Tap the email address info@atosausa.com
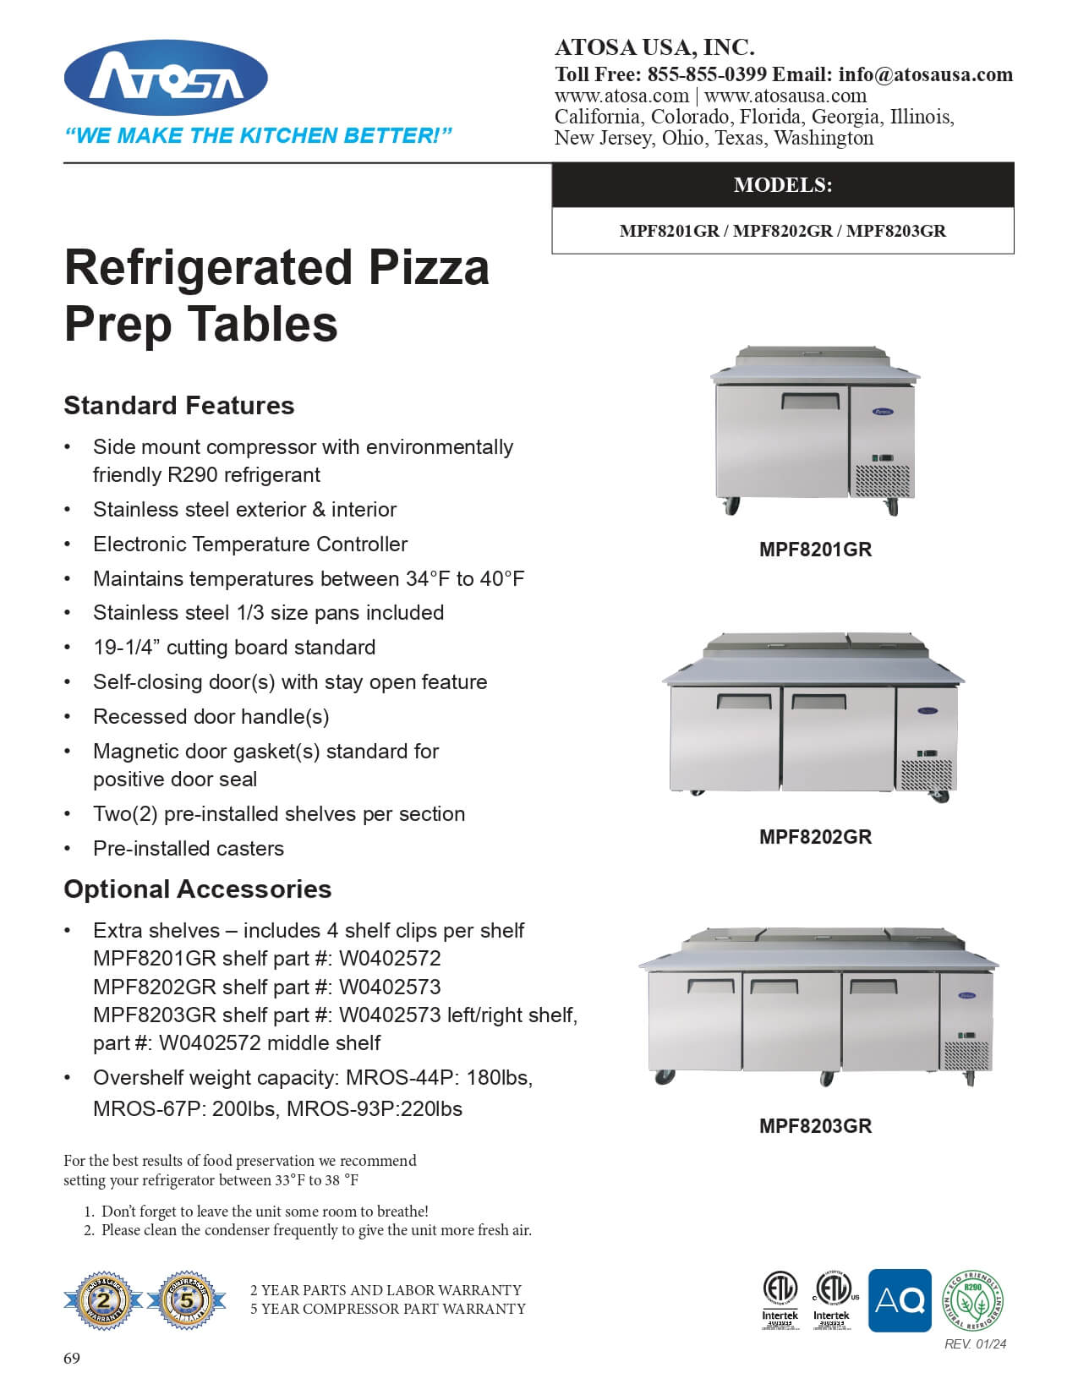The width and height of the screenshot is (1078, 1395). point(926,74)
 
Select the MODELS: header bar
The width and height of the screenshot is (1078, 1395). point(782,185)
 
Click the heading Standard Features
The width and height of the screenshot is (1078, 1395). point(179,406)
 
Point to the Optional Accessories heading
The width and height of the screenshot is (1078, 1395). point(198,889)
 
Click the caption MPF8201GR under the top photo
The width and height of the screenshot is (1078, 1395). point(815,550)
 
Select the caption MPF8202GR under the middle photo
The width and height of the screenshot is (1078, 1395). point(815,837)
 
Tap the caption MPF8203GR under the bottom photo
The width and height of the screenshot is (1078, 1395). point(815,1126)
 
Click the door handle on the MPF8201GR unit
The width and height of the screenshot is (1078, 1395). point(810,401)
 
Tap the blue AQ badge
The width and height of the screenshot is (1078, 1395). point(900,1300)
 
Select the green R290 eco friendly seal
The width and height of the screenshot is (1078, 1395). point(973,1301)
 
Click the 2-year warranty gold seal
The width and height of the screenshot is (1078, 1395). point(103,1301)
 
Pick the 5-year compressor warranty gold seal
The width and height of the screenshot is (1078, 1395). point(187,1301)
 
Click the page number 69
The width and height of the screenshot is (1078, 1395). point(72,1358)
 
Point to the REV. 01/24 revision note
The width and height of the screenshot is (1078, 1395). point(975,1344)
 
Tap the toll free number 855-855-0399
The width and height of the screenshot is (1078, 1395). point(707,74)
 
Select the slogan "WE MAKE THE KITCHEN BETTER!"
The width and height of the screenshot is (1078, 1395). point(259,136)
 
